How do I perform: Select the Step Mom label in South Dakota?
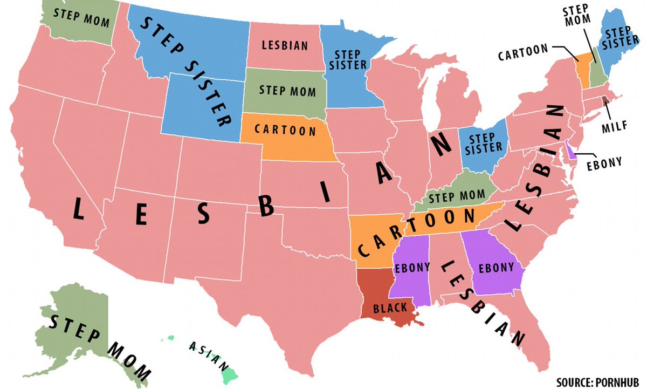tap(287, 90)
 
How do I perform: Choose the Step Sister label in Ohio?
tap(484, 141)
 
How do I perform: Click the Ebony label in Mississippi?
tap(412, 267)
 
